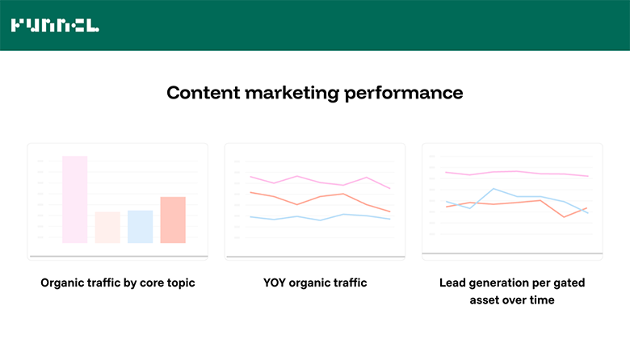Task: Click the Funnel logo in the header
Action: click(x=55, y=25)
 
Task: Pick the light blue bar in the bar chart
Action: click(x=140, y=226)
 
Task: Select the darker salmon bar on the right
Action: click(x=173, y=220)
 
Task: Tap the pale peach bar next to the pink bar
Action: click(x=107, y=227)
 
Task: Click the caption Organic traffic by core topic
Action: click(x=118, y=283)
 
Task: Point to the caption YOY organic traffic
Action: click(x=315, y=283)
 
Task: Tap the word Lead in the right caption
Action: click(x=453, y=283)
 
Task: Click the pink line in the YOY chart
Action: click(x=298, y=176)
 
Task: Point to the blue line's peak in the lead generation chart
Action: click(x=493, y=189)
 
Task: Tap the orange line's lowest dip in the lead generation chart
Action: click(x=565, y=216)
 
